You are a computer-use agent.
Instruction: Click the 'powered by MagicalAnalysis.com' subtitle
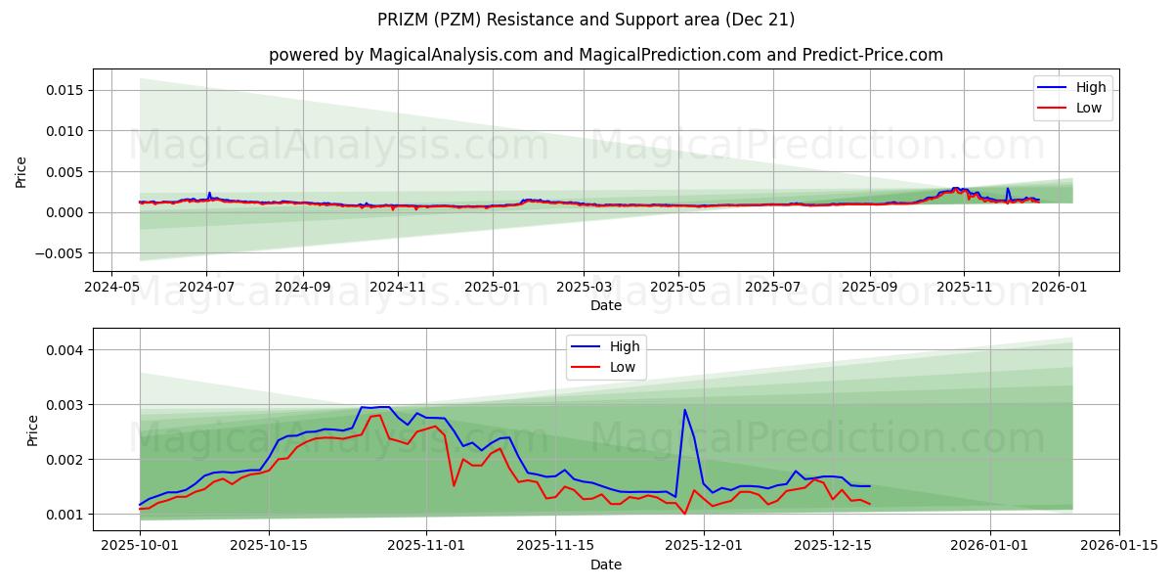pyautogui.click(x=606, y=55)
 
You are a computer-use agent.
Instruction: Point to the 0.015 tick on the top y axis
pyautogui.click(x=62, y=90)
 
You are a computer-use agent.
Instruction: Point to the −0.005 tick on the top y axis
pyautogui.click(x=56, y=253)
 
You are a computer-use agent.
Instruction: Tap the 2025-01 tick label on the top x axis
pyautogui.click(x=492, y=288)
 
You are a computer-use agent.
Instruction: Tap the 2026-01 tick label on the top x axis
pyautogui.click(x=1059, y=288)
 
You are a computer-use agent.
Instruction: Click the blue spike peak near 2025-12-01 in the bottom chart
pyautogui.click(x=684, y=410)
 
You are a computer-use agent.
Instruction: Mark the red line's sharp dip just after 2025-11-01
pyautogui.click(x=454, y=485)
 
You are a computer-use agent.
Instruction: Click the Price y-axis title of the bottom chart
pyautogui.click(x=33, y=430)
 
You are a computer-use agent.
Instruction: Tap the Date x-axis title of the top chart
pyautogui.click(x=606, y=305)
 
